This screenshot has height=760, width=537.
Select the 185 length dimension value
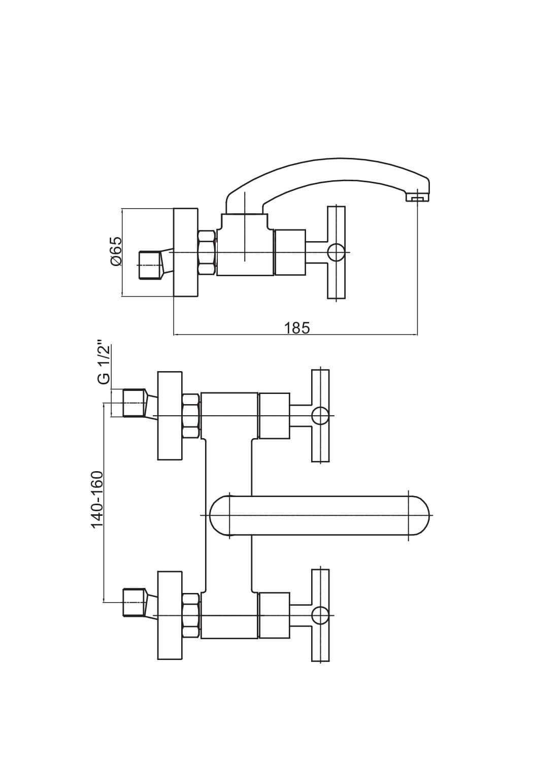(x=297, y=328)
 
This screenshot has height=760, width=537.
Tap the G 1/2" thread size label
(x=103, y=364)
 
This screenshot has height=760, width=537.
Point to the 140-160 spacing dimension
(x=97, y=499)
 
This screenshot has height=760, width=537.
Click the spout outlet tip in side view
(x=417, y=198)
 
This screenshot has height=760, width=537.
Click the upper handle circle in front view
(x=320, y=416)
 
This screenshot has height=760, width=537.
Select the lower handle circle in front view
(x=320, y=615)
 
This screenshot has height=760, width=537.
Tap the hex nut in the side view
(x=207, y=252)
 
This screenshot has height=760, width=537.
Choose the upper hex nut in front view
(x=191, y=416)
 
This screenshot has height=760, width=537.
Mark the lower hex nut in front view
(x=191, y=615)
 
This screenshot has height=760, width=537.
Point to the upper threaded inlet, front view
(x=133, y=403)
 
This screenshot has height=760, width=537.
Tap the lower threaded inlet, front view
(x=133, y=603)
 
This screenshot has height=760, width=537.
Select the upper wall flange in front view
(x=170, y=416)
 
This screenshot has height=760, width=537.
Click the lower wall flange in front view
(x=170, y=615)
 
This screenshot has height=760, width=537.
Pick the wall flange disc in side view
(x=185, y=252)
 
